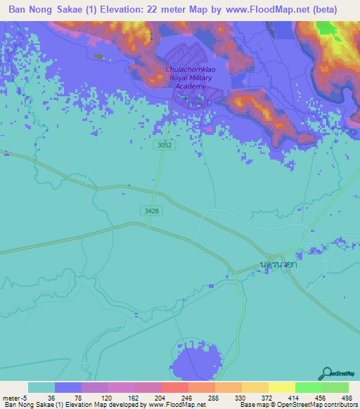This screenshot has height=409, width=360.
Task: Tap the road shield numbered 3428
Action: coord(149,210)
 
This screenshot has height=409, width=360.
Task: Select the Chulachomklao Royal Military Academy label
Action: coord(186,77)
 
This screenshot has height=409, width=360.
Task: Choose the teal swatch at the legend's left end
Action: coord(41,387)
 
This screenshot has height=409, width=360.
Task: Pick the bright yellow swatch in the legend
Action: coord(281,387)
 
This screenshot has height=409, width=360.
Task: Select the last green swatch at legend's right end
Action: coord(335,387)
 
